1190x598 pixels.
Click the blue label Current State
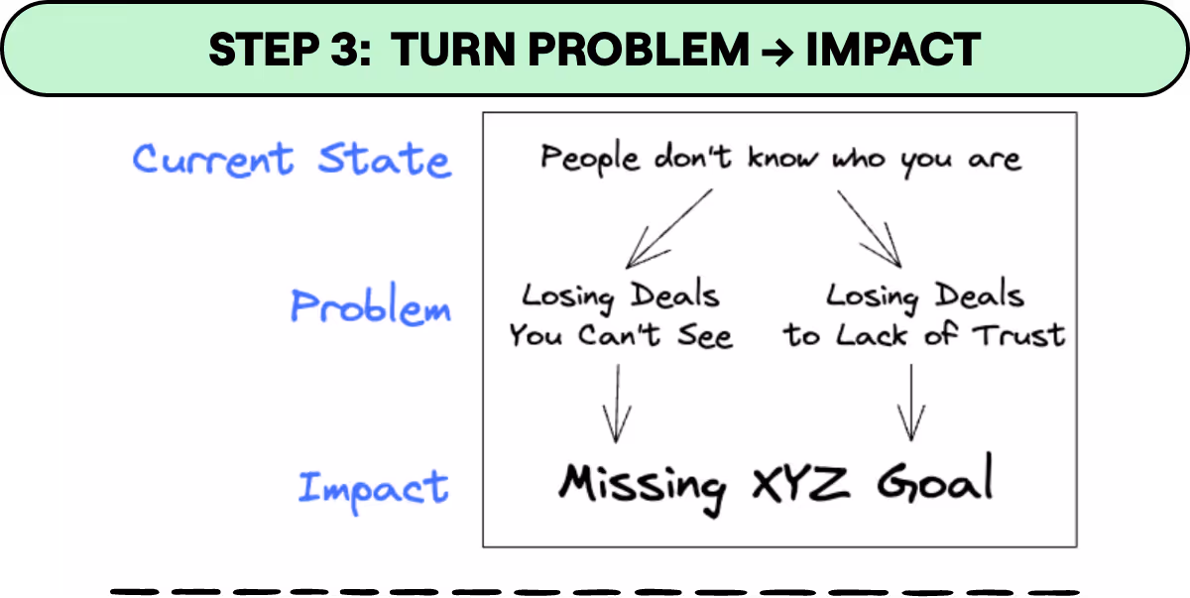point(292,160)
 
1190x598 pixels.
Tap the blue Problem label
point(370,306)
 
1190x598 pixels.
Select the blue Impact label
point(374,487)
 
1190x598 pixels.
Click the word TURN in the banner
point(452,50)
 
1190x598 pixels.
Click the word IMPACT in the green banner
point(892,50)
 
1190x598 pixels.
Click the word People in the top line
point(590,159)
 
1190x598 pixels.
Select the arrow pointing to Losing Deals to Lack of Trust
point(871,229)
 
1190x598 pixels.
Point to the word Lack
point(872,335)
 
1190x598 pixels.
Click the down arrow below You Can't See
point(618,403)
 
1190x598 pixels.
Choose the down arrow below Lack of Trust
point(909,403)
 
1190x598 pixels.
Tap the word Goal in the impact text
point(935,482)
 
